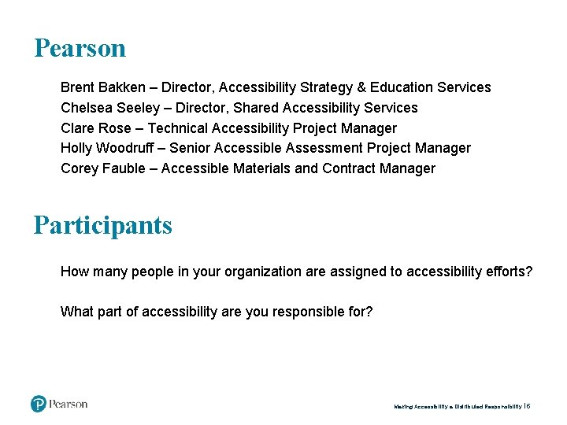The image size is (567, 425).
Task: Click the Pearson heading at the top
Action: (x=80, y=48)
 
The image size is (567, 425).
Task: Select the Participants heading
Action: (x=102, y=225)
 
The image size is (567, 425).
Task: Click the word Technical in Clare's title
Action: (x=177, y=128)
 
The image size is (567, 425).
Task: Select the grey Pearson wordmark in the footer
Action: (x=69, y=404)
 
